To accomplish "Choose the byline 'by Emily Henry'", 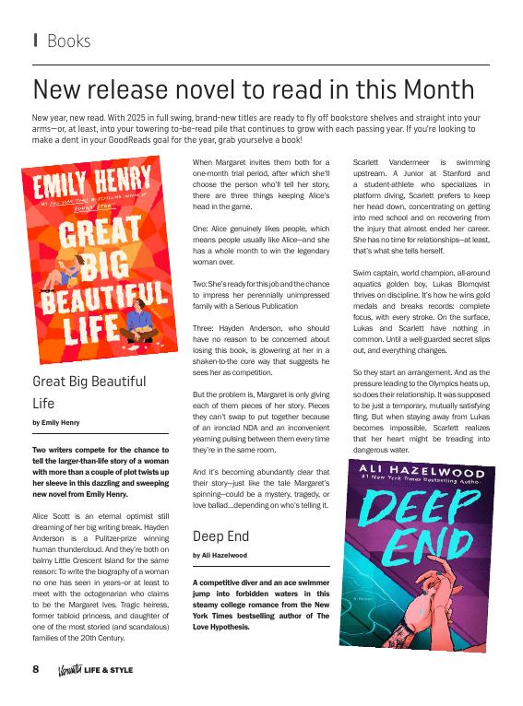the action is click(x=55, y=422).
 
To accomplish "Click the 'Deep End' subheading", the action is click(x=220, y=535).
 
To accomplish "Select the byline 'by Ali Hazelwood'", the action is click(x=220, y=556).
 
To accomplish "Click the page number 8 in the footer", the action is click(x=36, y=668).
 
